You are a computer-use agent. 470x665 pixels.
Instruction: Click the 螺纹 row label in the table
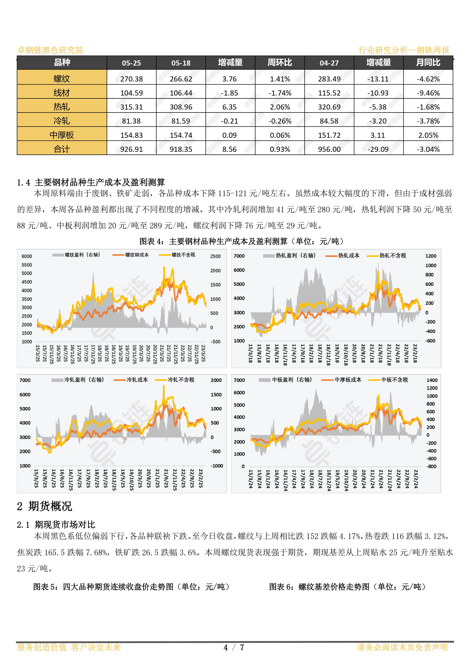(62, 78)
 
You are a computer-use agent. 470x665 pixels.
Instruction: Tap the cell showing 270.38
(131, 79)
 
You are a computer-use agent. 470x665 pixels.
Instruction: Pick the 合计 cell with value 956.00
(329, 149)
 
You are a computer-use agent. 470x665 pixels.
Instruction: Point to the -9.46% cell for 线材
(428, 93)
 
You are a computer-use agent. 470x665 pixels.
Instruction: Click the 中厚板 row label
(62, 135)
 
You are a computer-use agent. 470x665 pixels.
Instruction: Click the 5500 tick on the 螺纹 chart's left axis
(27, 265)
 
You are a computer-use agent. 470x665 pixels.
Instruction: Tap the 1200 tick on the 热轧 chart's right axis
(431, 256)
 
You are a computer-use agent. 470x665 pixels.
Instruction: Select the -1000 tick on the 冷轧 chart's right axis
(217, 466)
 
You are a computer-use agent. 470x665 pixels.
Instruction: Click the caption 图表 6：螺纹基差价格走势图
(347, 587)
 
